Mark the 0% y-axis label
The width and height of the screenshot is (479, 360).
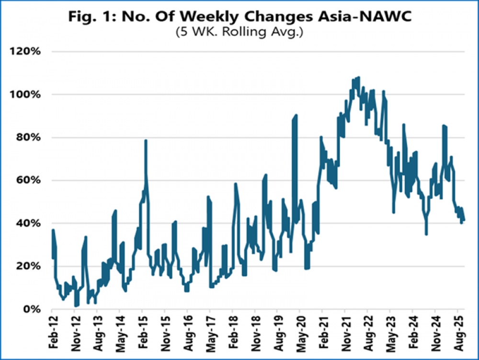[33, 310]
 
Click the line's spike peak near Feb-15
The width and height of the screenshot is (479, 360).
[146, 141]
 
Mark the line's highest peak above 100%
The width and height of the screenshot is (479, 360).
[358, 77]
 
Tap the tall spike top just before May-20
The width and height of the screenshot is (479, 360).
[297, 115]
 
